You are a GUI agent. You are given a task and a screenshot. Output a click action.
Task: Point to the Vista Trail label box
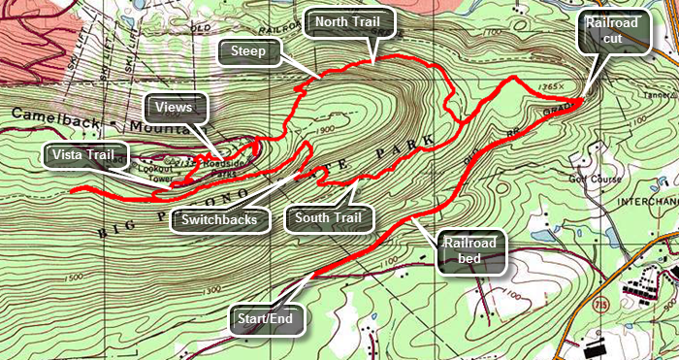[x=86, y=154]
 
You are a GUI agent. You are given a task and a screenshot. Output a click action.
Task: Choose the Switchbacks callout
[x=219, y=219]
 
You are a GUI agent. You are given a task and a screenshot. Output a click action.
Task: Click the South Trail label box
[x=330, y=217]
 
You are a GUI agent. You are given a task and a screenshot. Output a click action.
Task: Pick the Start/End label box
[x=267, y=317]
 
